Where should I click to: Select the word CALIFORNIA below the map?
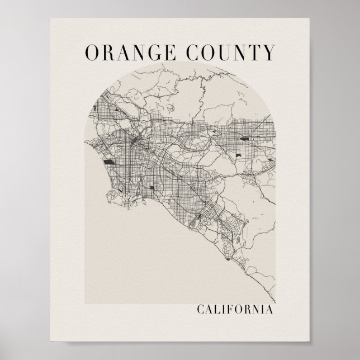(x=234, y=309)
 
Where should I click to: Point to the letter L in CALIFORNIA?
(x=215, y=309)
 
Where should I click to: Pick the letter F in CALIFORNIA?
(x=228, y=309)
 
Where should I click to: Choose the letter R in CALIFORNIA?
(x=245, y=309)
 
